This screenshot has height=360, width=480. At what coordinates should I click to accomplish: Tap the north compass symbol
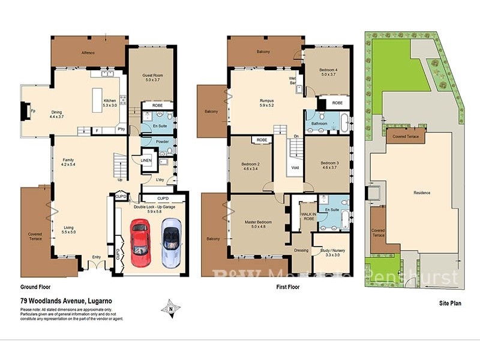click(x=172, y=308)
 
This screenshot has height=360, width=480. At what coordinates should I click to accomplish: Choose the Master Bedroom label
click(x=259, y=224)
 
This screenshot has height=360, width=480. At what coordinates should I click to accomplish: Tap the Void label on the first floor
click(x=295, y=167)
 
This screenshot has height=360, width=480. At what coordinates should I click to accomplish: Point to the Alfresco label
click(x=89, y=52)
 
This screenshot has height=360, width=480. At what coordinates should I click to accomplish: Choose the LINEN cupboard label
click(x=146, y=160)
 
